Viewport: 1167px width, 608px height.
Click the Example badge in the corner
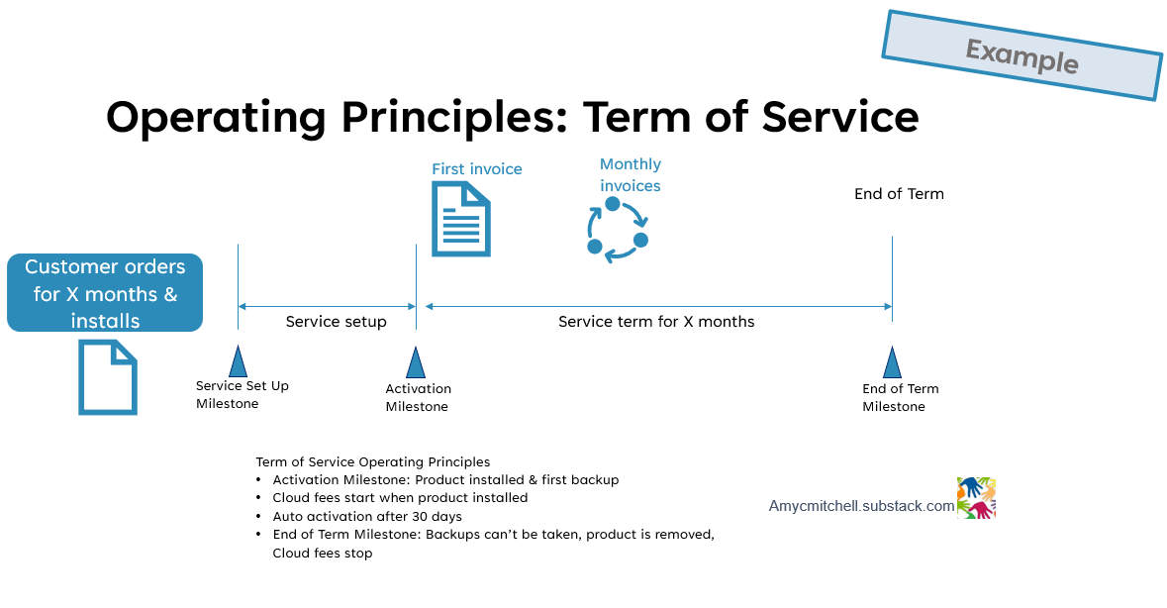click(1021, 55)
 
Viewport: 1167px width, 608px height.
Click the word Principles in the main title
click(450, 117)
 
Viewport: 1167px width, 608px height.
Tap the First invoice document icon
click(461, 219)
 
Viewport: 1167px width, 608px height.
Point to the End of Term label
click(899, 194)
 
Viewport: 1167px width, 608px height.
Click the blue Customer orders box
click(105, 293)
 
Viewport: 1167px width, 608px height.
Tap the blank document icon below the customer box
click(107, 376)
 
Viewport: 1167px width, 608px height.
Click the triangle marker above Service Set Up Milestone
click(238, 361)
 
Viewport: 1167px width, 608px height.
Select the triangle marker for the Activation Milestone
click(416, 362)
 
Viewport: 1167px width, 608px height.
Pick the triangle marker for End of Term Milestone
click(892, 362)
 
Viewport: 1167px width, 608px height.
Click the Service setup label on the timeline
click(336, 322)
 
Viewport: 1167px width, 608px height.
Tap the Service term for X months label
click(656, 322)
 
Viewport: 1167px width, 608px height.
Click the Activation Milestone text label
click(418, 398)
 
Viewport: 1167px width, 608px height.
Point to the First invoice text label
click(476, 169)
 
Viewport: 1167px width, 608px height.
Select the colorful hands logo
click(976, 498)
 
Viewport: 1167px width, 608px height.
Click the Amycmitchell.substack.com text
click(861, 506)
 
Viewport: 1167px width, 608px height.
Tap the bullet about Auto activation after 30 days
click(367, 517)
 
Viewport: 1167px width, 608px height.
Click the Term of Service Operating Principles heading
click(372, 462)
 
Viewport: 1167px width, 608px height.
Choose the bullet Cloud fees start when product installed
click(400, 498)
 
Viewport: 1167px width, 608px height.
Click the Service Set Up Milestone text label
click(242, 394)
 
